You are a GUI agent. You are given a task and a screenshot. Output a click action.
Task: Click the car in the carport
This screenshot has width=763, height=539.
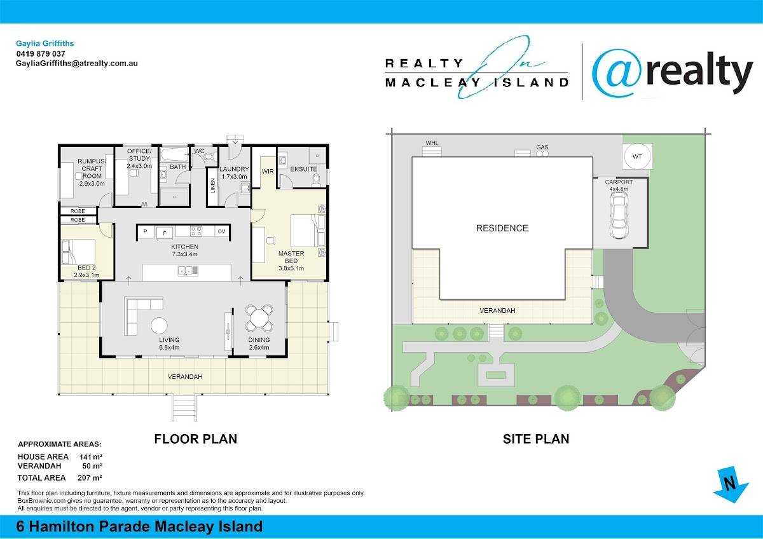pos(619,215)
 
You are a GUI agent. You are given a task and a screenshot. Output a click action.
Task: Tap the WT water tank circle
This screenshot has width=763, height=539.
pos(637,156)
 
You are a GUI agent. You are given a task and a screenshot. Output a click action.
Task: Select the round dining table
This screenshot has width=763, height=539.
pos(259,318)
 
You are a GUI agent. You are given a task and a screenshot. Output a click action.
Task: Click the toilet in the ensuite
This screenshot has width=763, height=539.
pos(317,180)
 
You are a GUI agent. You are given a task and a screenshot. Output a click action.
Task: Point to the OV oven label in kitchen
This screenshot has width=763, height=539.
pos(221,231)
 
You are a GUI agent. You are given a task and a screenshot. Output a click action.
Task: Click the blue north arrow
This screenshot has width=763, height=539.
pos(731,484)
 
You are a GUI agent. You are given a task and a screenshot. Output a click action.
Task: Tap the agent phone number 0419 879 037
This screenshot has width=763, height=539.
pos(41,54)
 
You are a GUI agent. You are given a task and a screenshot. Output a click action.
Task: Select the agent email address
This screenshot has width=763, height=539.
pos(77,64)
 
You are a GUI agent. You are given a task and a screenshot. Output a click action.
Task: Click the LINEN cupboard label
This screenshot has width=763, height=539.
pos(213,186)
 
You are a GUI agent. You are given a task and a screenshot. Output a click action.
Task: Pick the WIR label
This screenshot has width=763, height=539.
pos(268,171)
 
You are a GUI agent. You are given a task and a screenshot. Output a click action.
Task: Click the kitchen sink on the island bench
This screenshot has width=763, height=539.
pos(188,271)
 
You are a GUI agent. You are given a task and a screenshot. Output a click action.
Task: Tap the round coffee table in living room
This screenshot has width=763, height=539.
pos(159,325)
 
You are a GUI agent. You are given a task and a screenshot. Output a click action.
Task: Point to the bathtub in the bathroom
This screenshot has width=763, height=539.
pos(174,155)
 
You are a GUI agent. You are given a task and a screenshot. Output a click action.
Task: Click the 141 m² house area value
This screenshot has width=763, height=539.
pos(90,456)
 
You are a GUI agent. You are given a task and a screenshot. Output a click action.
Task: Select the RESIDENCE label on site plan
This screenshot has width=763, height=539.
pos(502,228)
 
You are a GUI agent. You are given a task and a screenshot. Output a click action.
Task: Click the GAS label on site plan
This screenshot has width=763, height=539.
pos(542,147)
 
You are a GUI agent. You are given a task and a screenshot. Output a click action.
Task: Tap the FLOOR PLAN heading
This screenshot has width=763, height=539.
pos(196,439)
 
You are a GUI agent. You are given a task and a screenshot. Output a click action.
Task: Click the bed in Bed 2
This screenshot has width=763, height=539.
pos(78,252)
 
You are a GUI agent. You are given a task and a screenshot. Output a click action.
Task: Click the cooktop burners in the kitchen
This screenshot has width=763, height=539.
pos(196,231)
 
